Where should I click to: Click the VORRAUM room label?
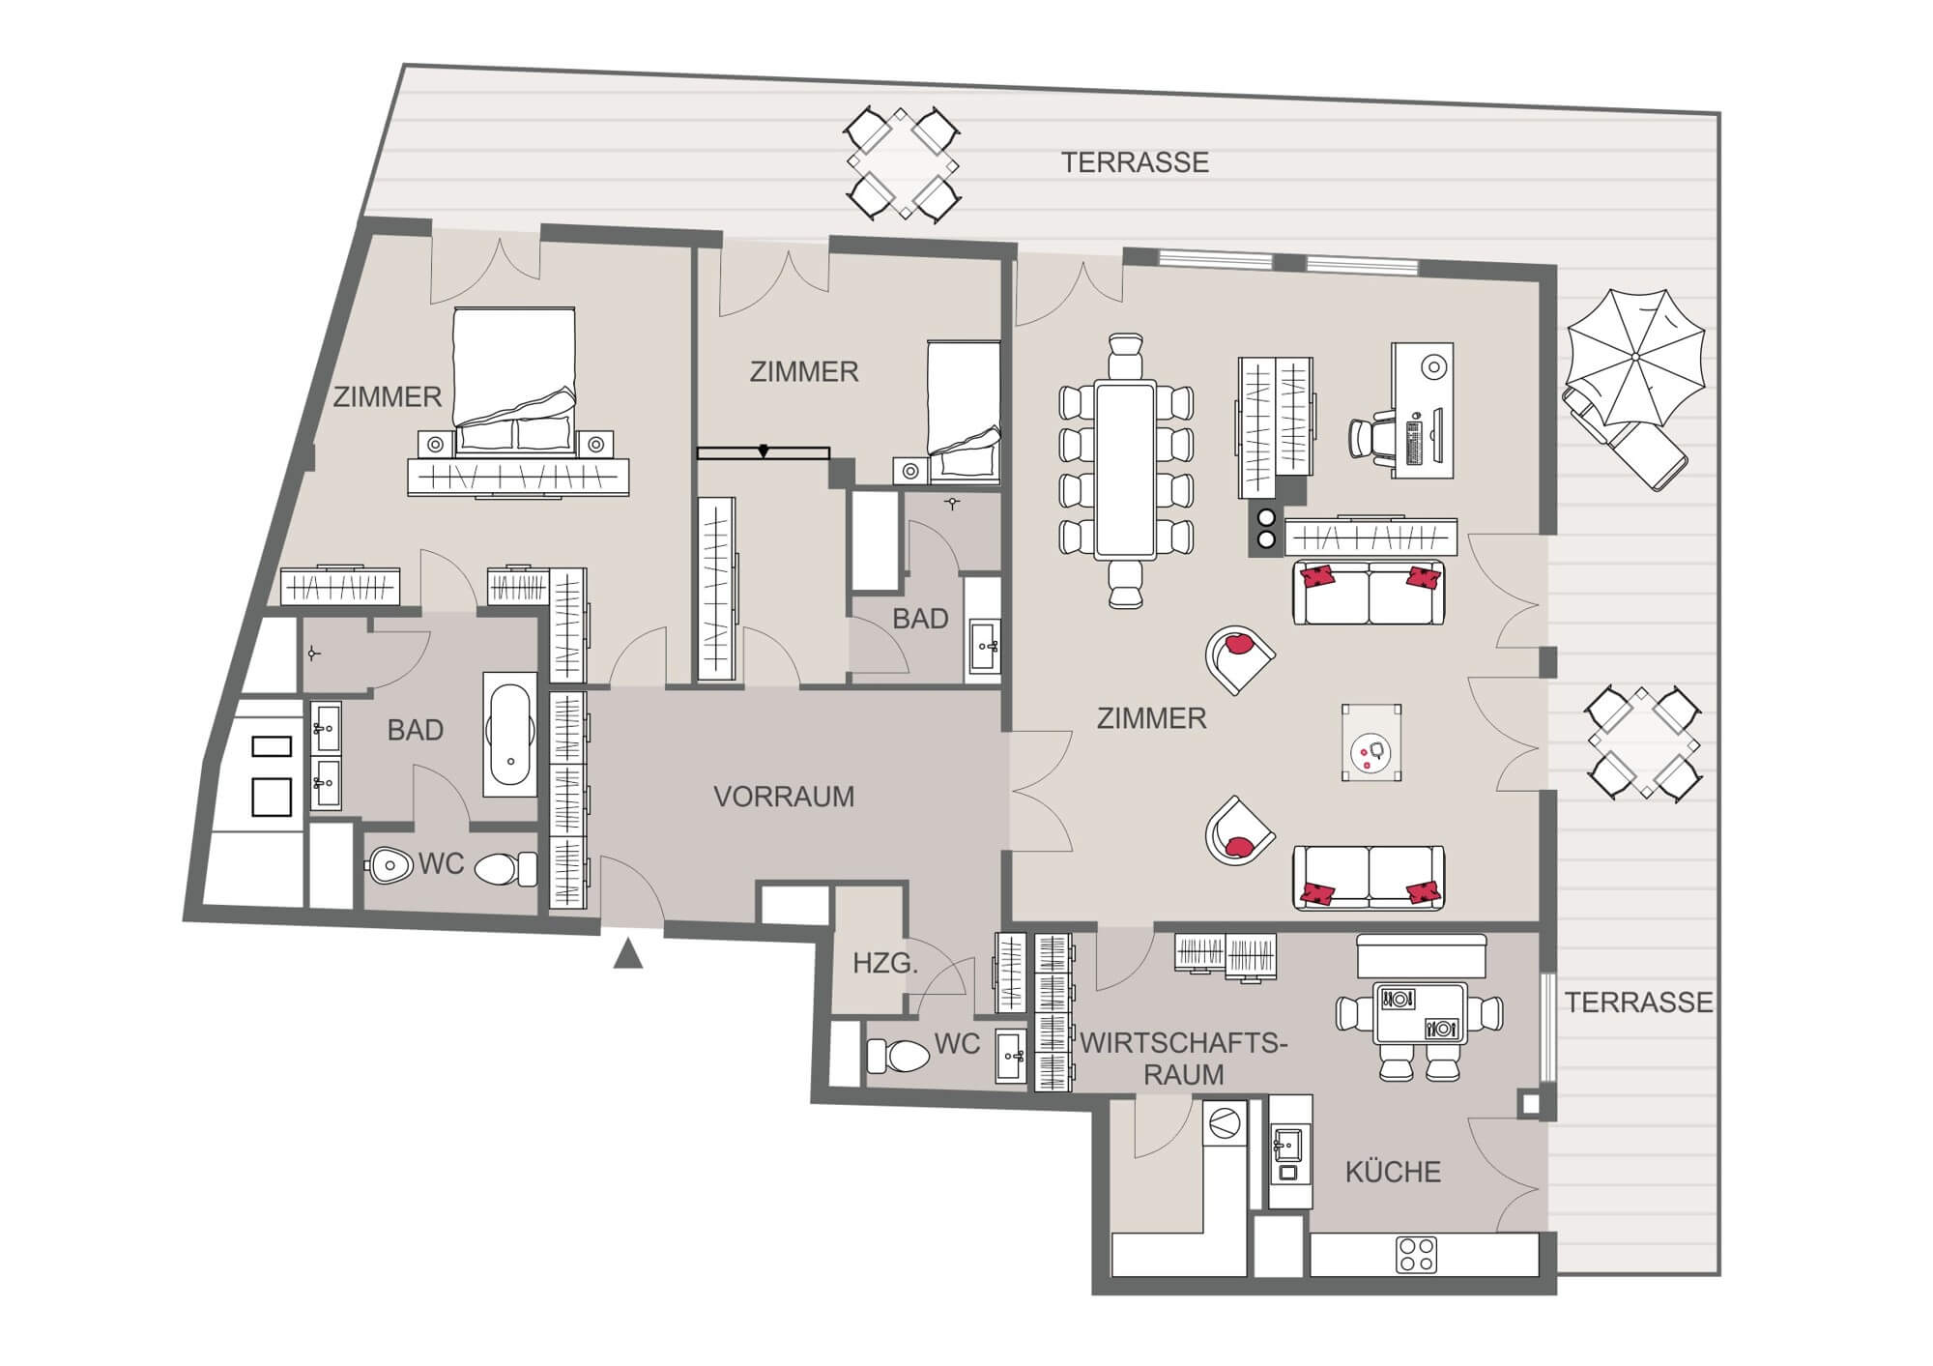tap(784, 797)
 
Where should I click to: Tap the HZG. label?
tap(885, 963)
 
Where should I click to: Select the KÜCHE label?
tap(1393, 1172)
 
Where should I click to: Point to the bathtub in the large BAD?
tap(509, 734)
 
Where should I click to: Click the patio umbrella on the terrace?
tap(1634, 358)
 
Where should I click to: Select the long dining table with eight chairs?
tap(1125, 471)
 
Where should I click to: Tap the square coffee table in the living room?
tap(1371, 742)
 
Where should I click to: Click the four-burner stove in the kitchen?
tap(1416, 1255)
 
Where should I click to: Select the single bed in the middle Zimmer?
tap(964, 411)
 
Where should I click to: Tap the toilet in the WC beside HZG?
tap(898, 1056)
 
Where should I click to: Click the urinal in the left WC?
tap(389, 863)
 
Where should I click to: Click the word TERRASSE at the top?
tap(1135, 162)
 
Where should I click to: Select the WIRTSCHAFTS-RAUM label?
tap(1184, 1059)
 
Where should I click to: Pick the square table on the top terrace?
tap(903, 163)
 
